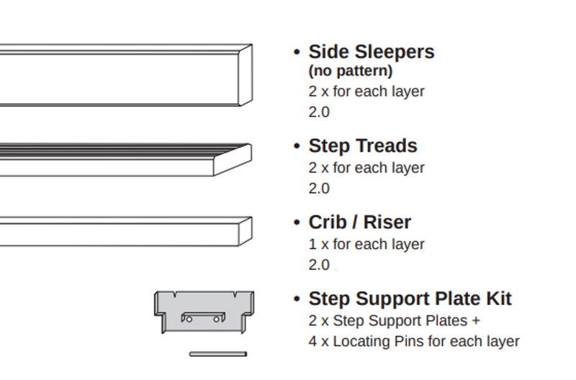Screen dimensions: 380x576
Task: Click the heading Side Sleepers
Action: [x=371, y=52]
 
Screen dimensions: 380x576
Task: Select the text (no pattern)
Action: [x=351, y=71]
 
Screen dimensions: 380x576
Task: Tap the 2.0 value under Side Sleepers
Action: [x=319, y=112]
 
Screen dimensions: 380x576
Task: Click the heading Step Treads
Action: [x=362, y=145]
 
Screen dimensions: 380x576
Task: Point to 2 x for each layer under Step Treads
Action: [x=366, y=168]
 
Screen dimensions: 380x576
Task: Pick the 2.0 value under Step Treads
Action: [x=319, y=189]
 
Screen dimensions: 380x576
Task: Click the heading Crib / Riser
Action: [x=359, y=222]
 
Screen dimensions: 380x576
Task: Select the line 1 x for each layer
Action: [x=366, y=245]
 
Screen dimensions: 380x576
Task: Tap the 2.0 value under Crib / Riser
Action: [x=319, y=265]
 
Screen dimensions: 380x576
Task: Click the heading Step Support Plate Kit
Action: [x=410, y=299]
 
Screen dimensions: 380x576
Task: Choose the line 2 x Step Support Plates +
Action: [x=395, y=320]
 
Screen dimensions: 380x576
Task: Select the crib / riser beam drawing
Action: [x=122, y=231]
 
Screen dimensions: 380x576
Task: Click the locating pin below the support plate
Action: [x=217, y=353]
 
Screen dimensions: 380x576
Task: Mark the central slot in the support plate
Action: [x=203, y=317]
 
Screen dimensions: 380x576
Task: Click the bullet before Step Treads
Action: [x=297, y=146]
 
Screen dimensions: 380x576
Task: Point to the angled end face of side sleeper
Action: [x=245, y=74]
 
